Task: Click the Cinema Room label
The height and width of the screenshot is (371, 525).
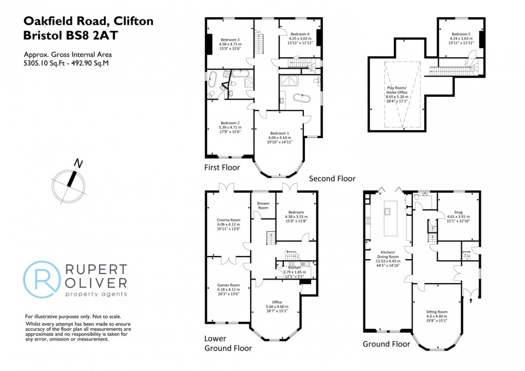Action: pos(228,219)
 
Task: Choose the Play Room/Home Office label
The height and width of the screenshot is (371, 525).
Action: pos(396,92)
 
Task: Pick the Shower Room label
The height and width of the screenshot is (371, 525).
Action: pos(263,206)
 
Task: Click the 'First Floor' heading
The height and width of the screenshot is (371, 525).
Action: pos(222,168)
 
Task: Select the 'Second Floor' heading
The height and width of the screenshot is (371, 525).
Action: pos(332,178)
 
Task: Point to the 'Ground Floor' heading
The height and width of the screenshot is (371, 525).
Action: pos(386,344)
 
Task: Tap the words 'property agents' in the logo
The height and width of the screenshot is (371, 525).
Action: pos(96,294)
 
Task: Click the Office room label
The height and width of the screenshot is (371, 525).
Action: pos(277,302)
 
